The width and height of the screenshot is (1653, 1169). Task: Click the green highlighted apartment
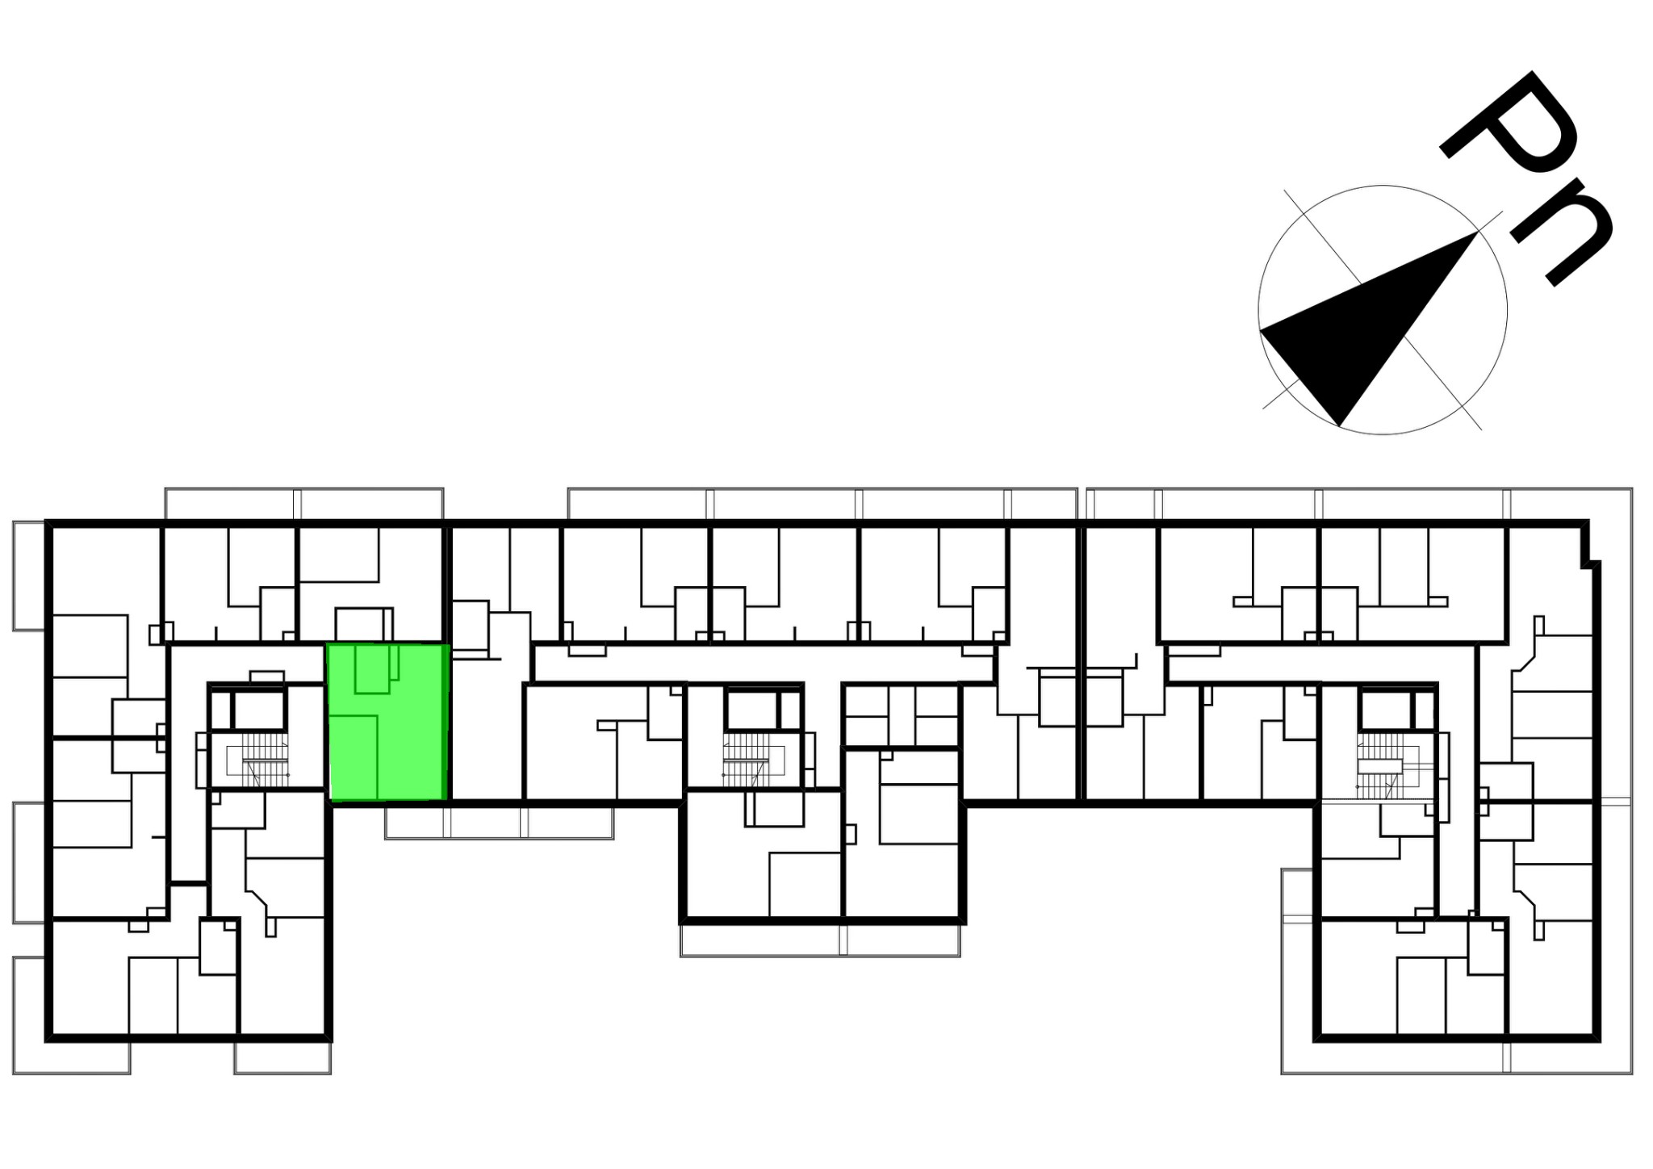click(388, 723)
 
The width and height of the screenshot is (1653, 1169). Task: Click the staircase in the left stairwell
click(257, 760)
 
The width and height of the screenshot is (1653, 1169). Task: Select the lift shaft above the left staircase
click(259, 710)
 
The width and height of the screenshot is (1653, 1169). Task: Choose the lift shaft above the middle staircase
click(751, 710)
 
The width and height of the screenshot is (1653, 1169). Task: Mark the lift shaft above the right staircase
click(1385, 710)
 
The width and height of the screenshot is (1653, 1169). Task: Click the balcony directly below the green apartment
click(499, 823)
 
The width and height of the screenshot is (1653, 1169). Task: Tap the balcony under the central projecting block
click(820, 940)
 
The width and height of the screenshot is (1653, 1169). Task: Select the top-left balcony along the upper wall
click(304, 503)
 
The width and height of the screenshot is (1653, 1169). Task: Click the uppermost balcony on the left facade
click(29, 576)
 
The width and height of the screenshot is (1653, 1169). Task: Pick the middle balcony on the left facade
click(29, 862)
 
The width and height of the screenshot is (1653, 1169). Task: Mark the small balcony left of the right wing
click(1298, 894)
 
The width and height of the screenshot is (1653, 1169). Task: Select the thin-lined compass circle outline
click(1383, 186)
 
